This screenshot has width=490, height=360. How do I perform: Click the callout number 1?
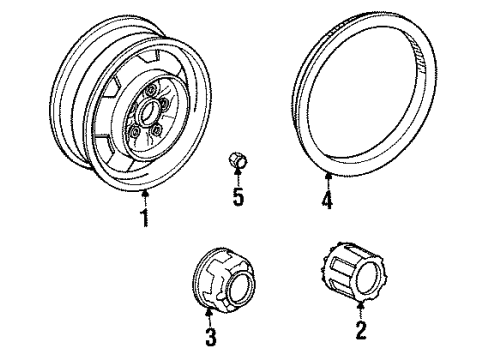(x=145, y=217)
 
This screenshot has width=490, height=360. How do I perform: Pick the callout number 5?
(x=238, y=197)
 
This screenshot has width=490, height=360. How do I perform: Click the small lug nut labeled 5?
(x=238, y=159)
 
